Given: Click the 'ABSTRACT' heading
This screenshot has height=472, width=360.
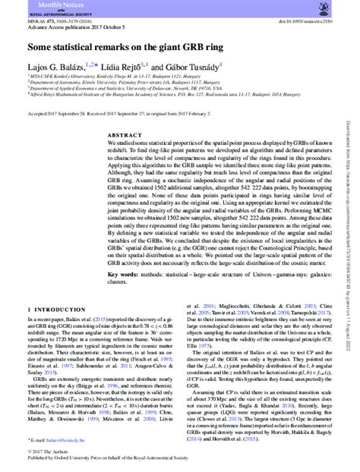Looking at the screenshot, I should (x=120, y=135).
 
